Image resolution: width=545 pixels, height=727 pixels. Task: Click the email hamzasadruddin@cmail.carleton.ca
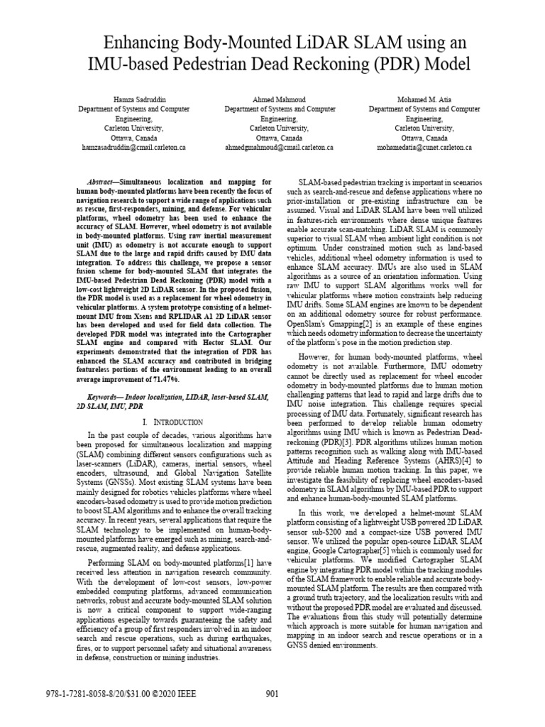[x=133, y=147]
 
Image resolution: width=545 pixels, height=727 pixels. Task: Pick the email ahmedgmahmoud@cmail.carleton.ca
[x=280, y=147]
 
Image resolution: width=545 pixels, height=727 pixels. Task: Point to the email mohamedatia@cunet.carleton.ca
[x=424, y=147]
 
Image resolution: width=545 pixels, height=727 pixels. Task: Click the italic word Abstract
[x=114, y=182]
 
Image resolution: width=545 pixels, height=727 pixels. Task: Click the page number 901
[x=272, y=694]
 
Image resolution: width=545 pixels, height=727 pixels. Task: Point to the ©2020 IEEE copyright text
[x=171, y=694]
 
